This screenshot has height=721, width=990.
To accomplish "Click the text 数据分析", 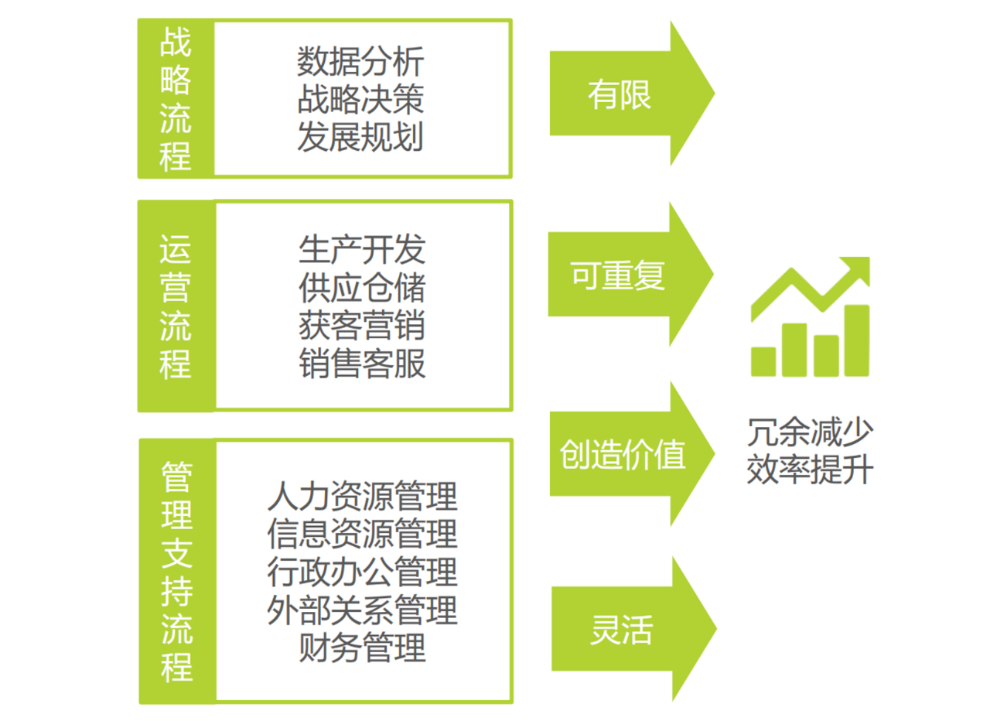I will (x=360, y=62).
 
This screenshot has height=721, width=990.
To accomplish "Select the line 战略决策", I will (x=360, y=100).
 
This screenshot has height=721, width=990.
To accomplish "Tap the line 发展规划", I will (x=360, y=138).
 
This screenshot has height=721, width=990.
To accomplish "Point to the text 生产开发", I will (x=361, y=250).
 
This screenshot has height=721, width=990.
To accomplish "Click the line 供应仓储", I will (x=361, y=288).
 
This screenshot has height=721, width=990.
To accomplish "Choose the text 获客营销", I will (x=361, y=326).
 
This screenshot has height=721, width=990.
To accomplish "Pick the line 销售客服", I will (x=361, y=364).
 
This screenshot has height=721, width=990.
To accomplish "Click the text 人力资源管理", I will (x=362, y=497).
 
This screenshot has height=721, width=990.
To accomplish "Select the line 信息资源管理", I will (x=362, y=535).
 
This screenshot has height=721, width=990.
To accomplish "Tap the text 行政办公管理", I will (x=362, y=572).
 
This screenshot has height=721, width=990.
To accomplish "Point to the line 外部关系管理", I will (x=362, y=610).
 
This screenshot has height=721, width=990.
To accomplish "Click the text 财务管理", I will (x=362, y=648).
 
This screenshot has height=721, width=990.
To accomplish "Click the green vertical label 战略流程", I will (x=176, y=99).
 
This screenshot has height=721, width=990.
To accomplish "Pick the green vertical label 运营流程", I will (x=176, y=306).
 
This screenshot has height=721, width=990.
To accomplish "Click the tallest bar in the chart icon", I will (x=856, y=340).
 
